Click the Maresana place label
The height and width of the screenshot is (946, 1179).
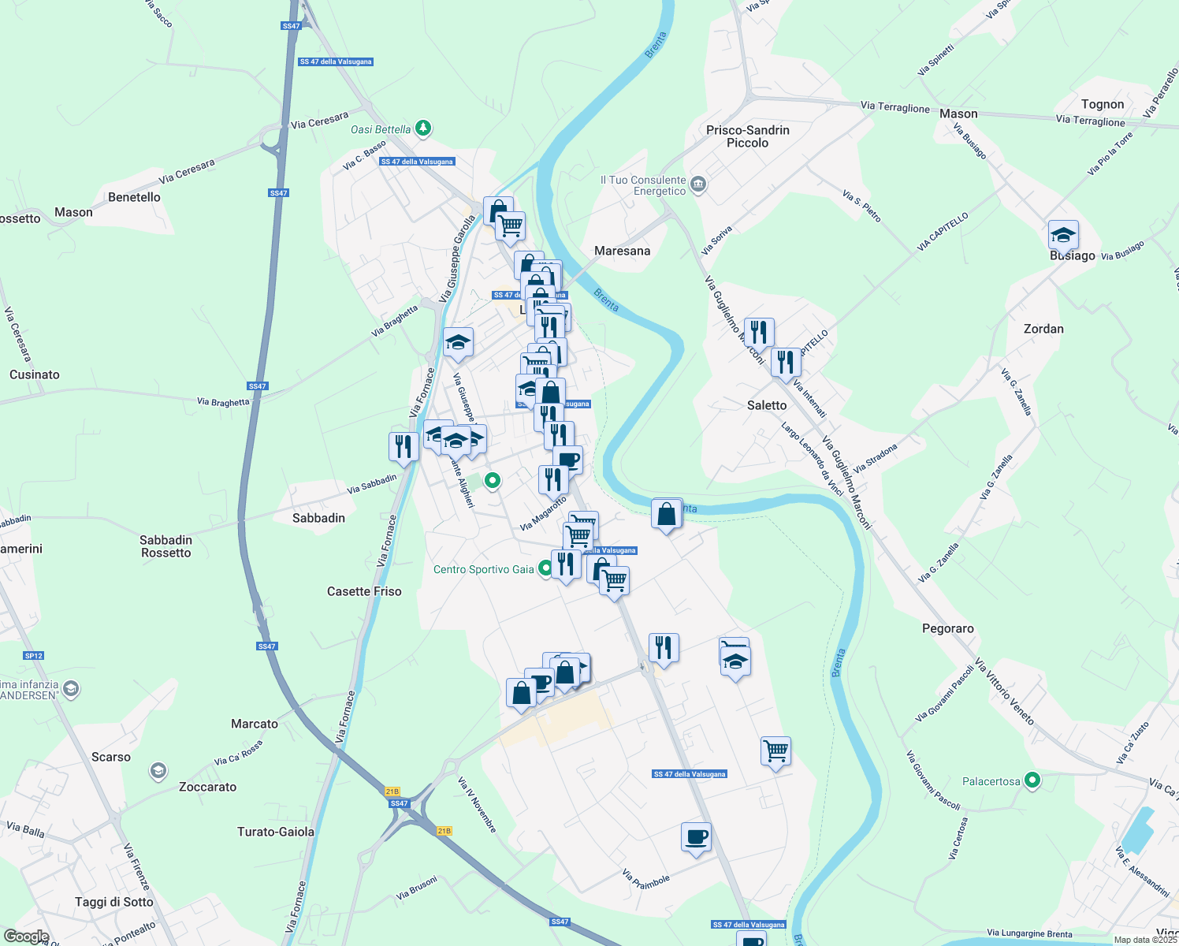(x=622, y=251)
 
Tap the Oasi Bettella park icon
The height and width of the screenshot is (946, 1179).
(x=424, y=128)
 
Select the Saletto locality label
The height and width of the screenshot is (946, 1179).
(x=766, y=405)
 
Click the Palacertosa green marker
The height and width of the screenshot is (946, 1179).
(x=1032, y=780)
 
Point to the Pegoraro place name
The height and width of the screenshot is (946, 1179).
(x=947, y=628)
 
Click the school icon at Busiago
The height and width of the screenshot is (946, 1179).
(x=1062, y=235)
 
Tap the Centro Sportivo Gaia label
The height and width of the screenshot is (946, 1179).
(x=483, y=569)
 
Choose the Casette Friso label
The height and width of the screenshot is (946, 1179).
(x=364, y=591)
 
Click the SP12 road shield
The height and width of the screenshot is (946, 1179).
(x=34, y=656)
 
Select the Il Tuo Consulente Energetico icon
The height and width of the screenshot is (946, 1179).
(x=697, y=185)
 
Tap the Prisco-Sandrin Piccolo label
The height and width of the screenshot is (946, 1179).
(x=747, y=136)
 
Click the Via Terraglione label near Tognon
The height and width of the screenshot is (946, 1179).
(x=1090, y=121)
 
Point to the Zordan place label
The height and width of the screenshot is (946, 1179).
(x=1043, y=329)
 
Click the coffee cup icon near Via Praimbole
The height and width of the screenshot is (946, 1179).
(x=695, y=837)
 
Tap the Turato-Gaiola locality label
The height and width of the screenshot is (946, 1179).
(x=276, y=832)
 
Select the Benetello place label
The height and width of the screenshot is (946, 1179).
(x=134, y=197)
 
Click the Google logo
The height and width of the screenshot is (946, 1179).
(x=26, y=937)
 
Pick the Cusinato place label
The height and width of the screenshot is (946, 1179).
(x=35, y=374)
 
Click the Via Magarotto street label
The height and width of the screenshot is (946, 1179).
(x=543, y=513)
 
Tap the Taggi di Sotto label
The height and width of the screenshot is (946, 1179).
(x=114, y=902)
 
